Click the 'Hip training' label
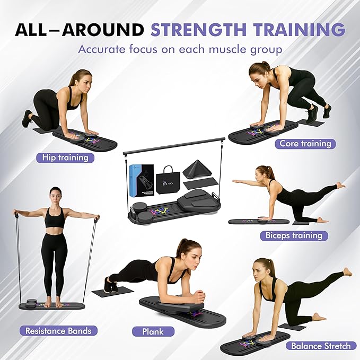(65, 157)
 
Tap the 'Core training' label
(305, 144)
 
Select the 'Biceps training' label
(294, 235)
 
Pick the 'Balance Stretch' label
(321, 346)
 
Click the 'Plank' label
(153, 332)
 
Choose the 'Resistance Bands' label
(58, 331)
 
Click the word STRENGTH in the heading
(199, 30)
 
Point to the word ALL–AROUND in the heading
(79, 30)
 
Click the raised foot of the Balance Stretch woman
(346, 272)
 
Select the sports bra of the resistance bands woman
(55, 217)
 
